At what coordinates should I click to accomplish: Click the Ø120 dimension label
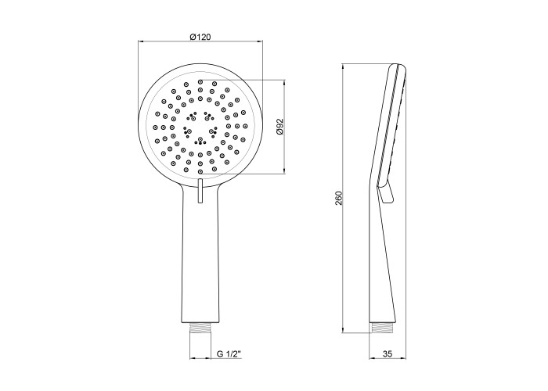coord(200,37)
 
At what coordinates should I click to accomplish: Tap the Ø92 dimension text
coord(279,127)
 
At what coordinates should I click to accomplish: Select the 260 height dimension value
coord(339,198)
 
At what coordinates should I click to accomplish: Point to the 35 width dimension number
coord(388,354)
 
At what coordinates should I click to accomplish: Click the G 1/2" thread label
coord(229,354)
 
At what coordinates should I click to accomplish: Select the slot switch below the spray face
coord(200,191)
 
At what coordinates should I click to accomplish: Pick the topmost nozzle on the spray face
coord(200,81)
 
